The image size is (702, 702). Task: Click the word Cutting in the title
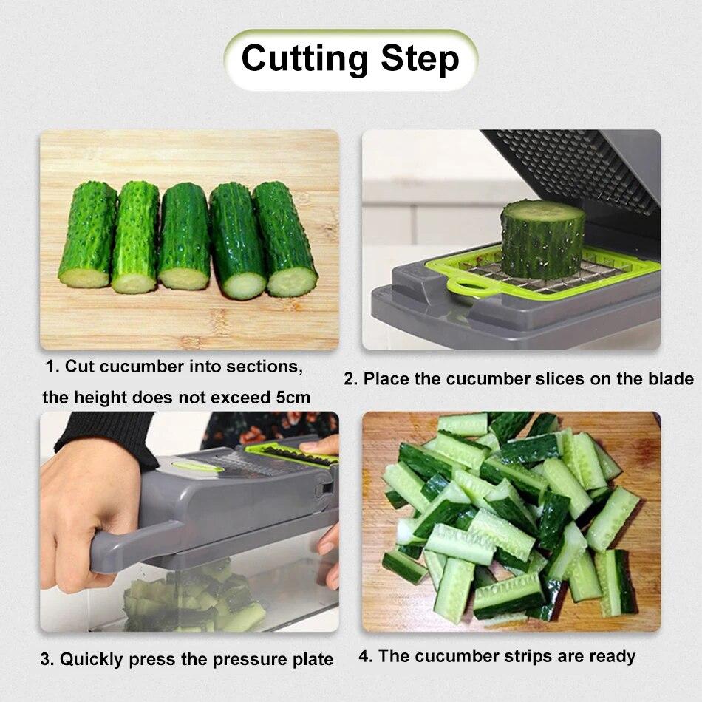coord(305,59)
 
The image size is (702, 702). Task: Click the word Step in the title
coord(420,59)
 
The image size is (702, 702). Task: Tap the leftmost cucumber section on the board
coord(88,235)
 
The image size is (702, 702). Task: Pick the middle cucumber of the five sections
coord(185,236)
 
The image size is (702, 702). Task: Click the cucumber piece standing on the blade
coord(542,239)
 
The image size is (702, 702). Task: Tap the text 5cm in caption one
coord(293,398)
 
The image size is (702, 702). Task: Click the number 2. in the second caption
coord(351,379)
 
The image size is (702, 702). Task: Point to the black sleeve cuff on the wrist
coord(111,436)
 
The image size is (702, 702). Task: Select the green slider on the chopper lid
coord(198,466)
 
